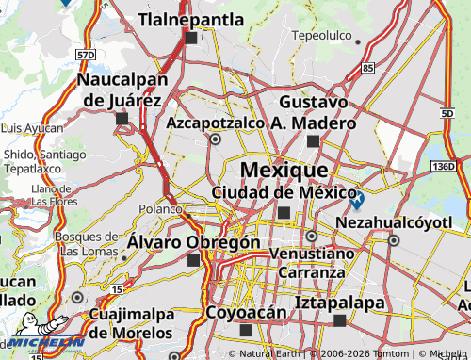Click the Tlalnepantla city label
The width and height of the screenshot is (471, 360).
(191, 18)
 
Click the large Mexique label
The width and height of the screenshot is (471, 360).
(284, 170)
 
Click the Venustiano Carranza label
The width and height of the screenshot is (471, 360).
(312, 263)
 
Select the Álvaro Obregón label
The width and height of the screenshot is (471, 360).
(193, 242)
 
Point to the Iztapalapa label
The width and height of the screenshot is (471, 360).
(340, 303)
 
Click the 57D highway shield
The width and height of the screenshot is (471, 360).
(87, 56)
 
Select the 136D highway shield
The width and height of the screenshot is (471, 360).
(442, 166)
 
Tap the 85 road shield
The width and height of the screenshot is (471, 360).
(367, 68)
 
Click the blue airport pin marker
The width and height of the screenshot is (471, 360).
(356, 199)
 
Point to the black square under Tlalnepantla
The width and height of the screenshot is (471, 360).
(191, 39)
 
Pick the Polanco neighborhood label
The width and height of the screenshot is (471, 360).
(160, 208)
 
